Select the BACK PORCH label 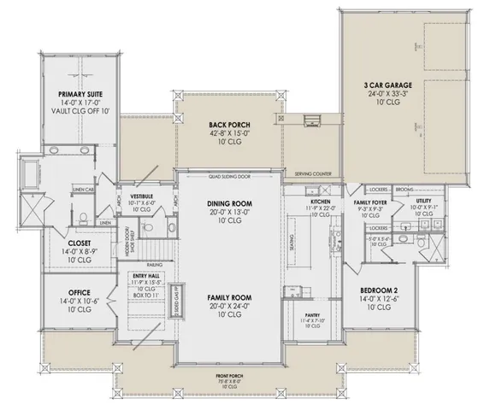pyautogui.click(x=227, y=124)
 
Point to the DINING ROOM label pyautogui.click(x=227, y=202)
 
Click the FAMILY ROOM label pyautogui.click(x=227, y=296)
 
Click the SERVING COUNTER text pyautogui.click(x=313, y=174)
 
